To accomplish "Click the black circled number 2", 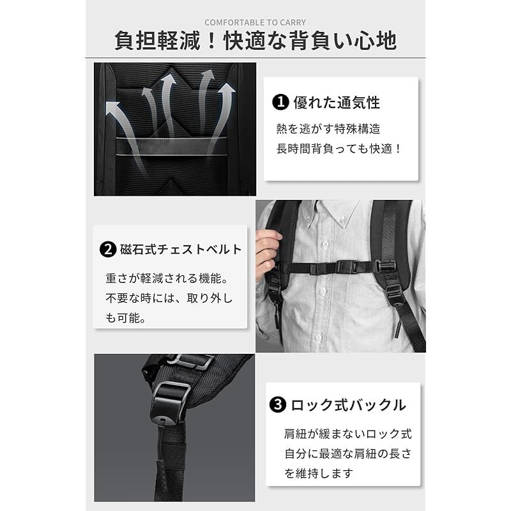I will point(107,249).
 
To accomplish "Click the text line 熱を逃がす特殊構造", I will point(328,128).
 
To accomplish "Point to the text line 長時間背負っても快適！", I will point(339,149).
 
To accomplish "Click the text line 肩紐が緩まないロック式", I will point(348,434).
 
